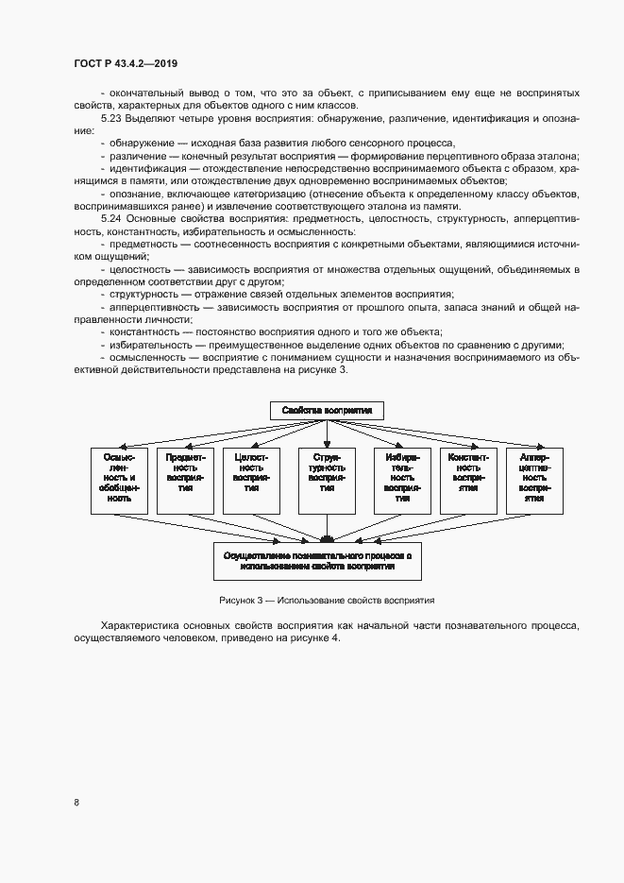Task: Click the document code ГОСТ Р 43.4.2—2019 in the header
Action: [126, 63]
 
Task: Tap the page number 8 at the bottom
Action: [76, 803]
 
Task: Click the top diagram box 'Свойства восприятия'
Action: [327, 410]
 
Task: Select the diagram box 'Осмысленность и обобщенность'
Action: [119, 480]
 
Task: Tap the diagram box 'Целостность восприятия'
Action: [252, 480]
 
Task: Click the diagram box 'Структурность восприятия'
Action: [327, 480]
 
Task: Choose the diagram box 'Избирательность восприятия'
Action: [402, 480]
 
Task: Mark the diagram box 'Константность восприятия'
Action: [469, 480]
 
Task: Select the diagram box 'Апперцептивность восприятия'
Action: [535, 480]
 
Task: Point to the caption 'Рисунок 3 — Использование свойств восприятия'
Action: [326, 600]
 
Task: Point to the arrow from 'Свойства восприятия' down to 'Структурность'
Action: [327, 432]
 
